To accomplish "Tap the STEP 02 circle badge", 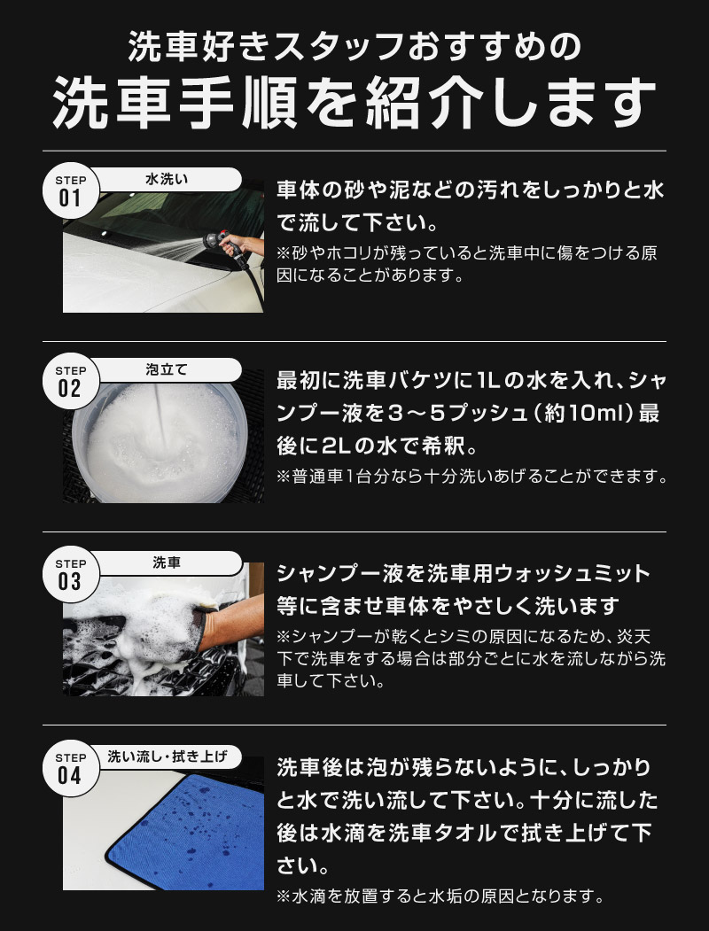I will [70, 381].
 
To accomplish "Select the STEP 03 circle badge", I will [70, 573].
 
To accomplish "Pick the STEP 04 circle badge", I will [70, 767].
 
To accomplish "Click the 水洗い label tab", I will [168, 179].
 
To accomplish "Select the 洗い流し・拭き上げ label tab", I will [168, 756].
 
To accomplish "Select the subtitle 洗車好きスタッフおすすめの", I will [354, 44].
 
